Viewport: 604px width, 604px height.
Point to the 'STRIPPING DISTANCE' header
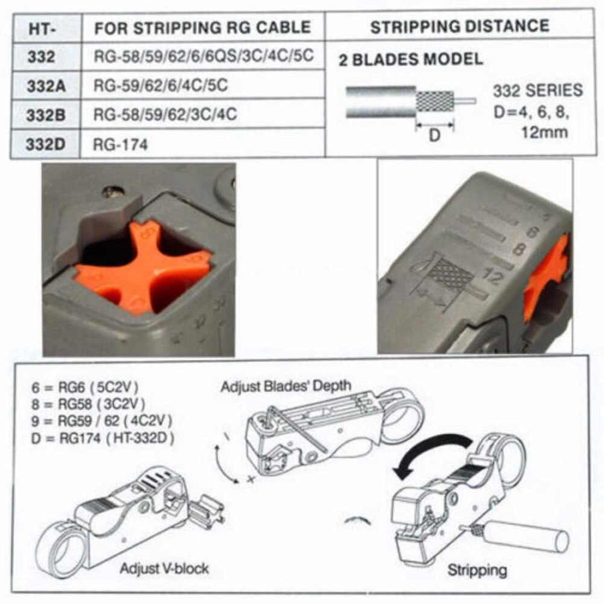459,27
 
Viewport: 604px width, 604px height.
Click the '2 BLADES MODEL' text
411,59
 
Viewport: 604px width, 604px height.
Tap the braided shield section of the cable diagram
435,100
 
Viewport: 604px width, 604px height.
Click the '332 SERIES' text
538,91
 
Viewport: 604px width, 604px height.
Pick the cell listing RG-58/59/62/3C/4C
165,115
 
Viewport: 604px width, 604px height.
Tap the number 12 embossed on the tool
493,277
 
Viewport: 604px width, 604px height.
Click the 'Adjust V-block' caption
164,568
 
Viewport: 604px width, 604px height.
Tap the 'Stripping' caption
477,570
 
